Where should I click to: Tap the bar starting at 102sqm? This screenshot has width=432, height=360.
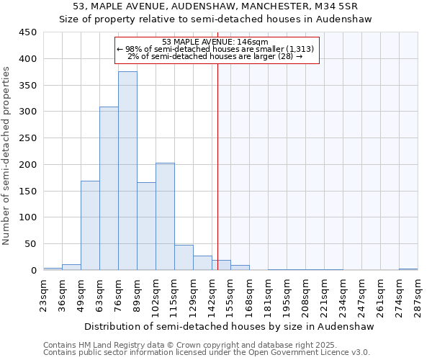click(165, 216)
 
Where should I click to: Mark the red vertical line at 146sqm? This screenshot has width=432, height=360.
click(217, 180)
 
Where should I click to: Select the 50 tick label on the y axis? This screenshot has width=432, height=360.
click(30, 244)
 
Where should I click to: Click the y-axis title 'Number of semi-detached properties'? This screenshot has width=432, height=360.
click(7, 156)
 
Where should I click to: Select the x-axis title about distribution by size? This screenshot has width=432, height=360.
click(229, 326)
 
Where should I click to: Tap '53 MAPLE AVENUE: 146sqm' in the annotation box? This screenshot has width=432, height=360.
click(215, 42)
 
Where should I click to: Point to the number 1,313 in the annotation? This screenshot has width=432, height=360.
click(301, 48)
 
